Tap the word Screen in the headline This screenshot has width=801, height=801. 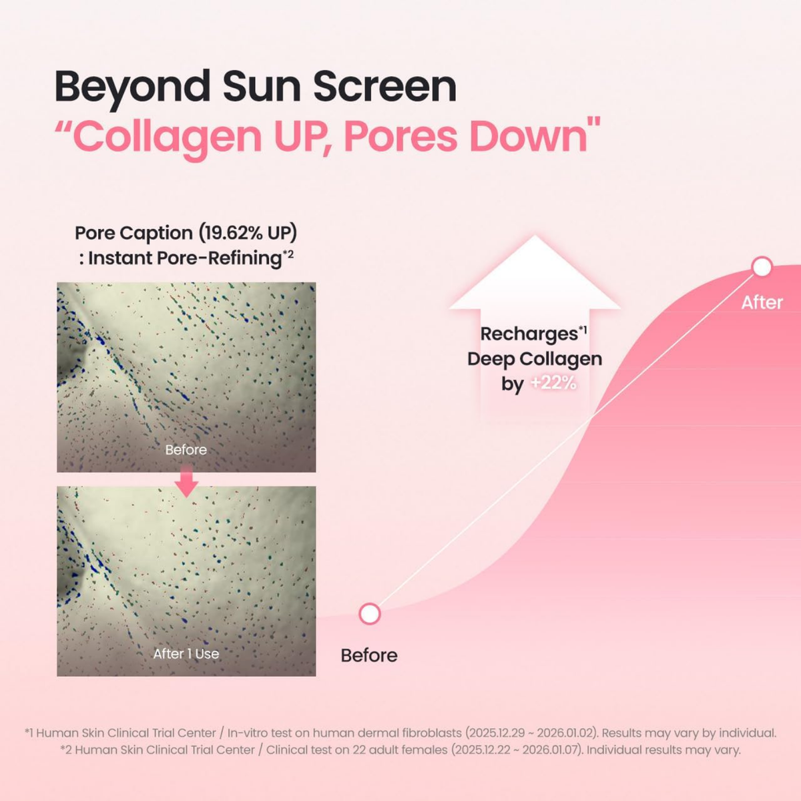[384, 86]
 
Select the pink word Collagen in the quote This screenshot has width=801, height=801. [168, 138]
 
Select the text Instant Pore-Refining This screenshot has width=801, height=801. [184, 258]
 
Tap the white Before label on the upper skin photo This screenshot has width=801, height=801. [186, 450]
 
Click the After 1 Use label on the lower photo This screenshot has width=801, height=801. [186, 654]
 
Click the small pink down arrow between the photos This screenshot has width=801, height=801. [186, 481]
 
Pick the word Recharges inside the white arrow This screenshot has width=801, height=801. [529, 334]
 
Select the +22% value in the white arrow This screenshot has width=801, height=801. [553, 383]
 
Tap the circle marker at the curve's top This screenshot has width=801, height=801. [762, 267]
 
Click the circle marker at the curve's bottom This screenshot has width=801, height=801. [370, 614]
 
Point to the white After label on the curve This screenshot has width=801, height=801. [762, 302]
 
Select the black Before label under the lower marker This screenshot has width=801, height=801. [369, 655]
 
